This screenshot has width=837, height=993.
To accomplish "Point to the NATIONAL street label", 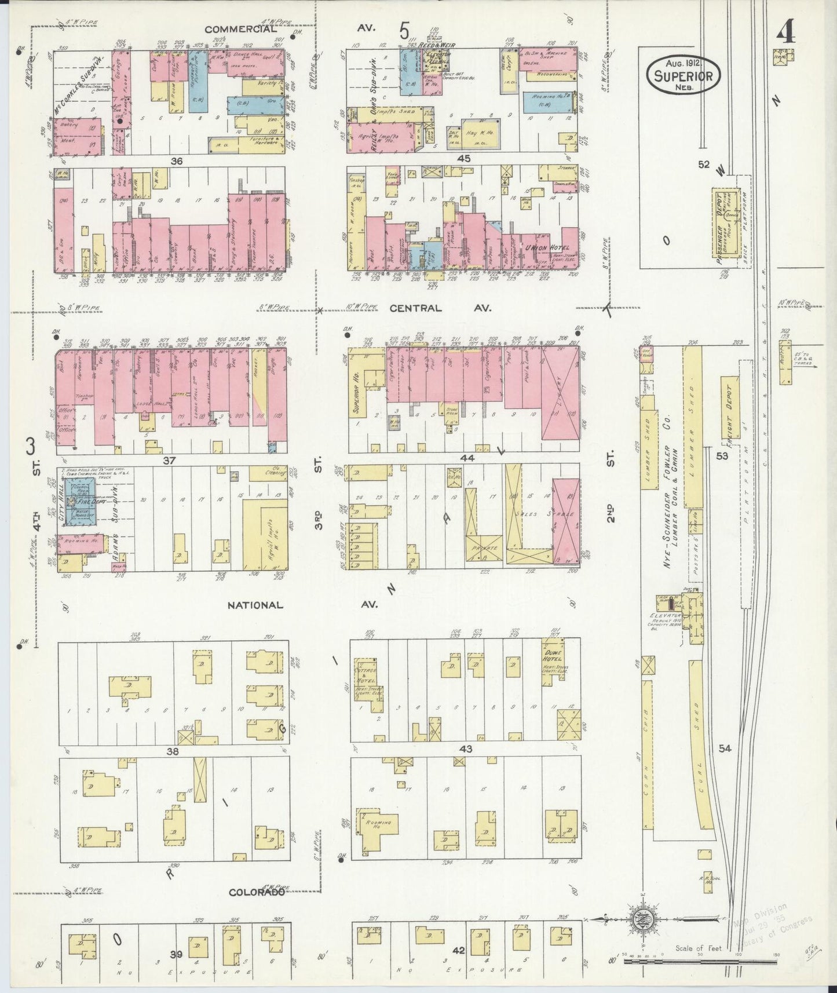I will [x=255, y=605].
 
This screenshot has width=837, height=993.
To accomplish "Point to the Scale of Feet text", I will [x=699, y=948].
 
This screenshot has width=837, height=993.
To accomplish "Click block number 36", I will [x=176, y=162].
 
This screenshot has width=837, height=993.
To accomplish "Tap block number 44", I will [x=466, y=458].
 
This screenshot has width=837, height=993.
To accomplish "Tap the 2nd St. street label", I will [x=609, y=507].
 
